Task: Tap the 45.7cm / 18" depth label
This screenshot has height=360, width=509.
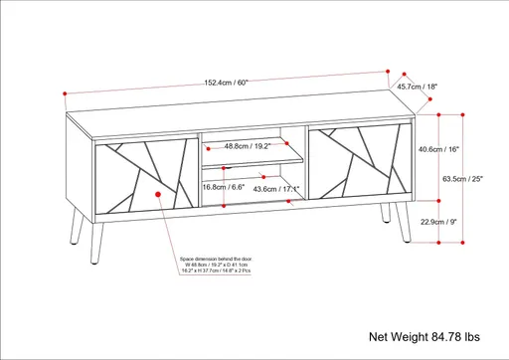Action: coord(417,87)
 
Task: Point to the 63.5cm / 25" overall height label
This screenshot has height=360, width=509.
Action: coord(462,180)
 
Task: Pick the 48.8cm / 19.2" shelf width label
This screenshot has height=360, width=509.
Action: coord(247,147)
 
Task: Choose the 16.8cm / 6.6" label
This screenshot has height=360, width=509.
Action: coord(224,186)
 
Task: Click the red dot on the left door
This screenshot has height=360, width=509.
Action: coord(159,194)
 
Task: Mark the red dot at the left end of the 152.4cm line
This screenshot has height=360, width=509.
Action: coord(64,94)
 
